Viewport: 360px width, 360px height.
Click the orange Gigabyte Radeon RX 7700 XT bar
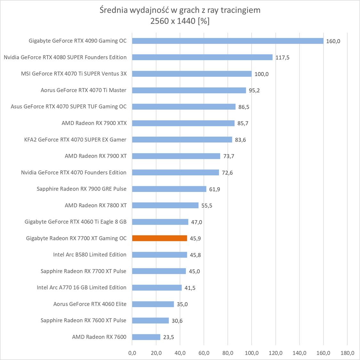(x=159, y=238)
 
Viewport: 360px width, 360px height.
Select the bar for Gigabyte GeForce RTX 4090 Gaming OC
(x=228, y=41)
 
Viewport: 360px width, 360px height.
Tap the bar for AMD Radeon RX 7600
(x=146, y=337)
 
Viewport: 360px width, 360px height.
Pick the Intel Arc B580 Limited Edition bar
(x=159, y=255)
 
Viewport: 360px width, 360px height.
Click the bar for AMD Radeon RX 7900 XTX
(x=183, y=123)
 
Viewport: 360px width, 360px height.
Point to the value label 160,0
(x=333, y=41)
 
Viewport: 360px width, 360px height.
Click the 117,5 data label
(x=282, y=58)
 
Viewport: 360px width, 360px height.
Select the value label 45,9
(x=195, y=238)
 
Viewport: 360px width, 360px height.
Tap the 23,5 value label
(x=168, y=337)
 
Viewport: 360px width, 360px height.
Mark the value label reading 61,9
(x=214, y=189)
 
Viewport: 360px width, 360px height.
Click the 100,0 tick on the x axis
(x=252, y=353)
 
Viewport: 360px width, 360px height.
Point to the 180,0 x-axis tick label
(x=347, y=353)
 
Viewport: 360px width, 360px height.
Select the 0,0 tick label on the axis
(x=132, y=353)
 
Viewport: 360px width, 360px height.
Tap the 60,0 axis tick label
(x=204, y=353)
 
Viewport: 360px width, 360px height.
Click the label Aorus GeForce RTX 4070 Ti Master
(x=84, y=90)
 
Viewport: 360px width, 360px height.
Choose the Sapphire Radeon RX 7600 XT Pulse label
(x=84, y=320)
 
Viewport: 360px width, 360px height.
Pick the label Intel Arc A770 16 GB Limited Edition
(x=82, y=287)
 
